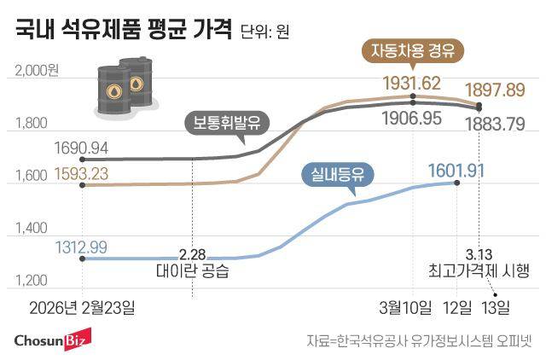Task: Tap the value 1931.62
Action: point(412,83)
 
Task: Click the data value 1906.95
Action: point(412,117)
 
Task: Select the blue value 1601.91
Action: point(456,169)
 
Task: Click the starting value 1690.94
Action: point(81,147)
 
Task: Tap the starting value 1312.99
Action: point(81,247)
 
